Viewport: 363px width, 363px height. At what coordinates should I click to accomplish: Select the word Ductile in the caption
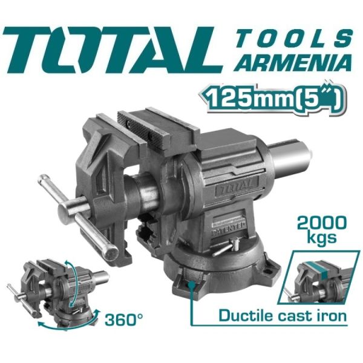click(244, 315)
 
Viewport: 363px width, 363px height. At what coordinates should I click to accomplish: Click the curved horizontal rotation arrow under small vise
click(60, 324)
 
